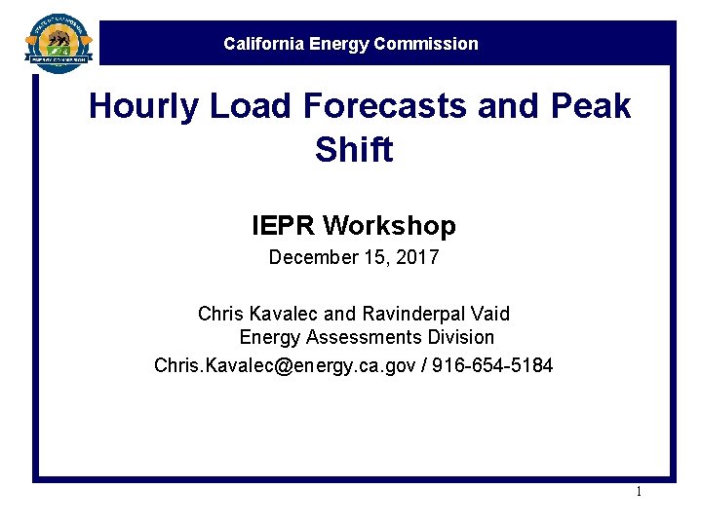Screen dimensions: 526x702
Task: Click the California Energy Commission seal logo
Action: point(59,42)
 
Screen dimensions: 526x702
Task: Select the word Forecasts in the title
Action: point(374,106)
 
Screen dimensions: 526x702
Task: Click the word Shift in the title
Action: point(354,150)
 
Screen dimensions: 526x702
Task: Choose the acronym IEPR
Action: point(284,227)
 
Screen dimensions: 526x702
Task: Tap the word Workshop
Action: point(390,227)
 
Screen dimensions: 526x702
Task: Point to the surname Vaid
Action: point(489,314)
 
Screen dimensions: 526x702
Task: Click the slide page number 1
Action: point(639,491)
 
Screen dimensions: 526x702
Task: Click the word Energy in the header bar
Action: point(336,44)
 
